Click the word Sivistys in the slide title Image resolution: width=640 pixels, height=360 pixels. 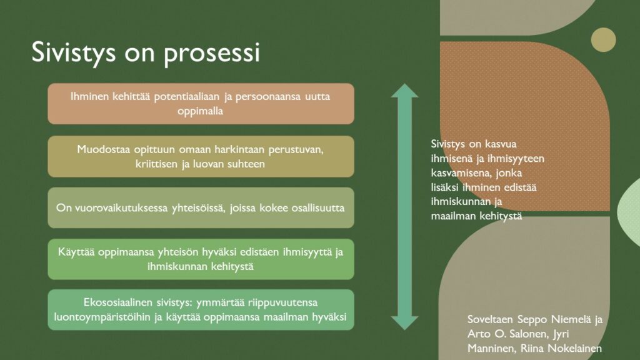[74, 53]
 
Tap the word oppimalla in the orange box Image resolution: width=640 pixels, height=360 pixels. [201, 111]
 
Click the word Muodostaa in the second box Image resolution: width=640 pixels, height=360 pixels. [103, 150]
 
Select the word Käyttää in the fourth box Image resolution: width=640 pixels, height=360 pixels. [77, 252]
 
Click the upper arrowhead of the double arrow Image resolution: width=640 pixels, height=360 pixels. [404, 91]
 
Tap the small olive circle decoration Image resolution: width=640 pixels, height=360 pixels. [603, 39]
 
